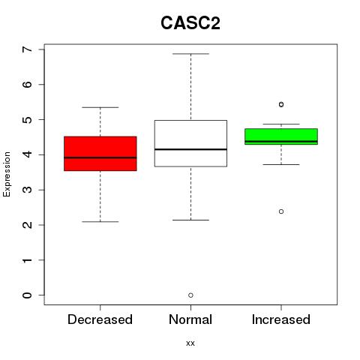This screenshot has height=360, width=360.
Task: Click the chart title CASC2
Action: [x=190, y=23]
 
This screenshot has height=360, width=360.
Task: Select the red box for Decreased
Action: [x=100, y=154]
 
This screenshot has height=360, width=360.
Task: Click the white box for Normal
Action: [x=190, y=143]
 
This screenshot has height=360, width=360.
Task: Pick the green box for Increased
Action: [x=281, y=136]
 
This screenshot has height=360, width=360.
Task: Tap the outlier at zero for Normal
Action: [x=190, y=295]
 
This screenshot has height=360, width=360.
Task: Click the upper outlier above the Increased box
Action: [x=281, y=104]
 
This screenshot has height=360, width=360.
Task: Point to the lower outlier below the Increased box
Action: [x=281, y=211]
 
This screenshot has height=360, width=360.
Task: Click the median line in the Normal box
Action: [x=190, y=149]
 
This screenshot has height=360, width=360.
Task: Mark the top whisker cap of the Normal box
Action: [x=190, y=53]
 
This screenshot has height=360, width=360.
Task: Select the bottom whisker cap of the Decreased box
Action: [x=100, y=221]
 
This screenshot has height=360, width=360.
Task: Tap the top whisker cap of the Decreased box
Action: [x=100, y=107]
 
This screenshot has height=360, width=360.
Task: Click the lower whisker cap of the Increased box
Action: [x=281, y=164]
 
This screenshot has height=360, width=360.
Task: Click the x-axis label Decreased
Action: [x=100, y=319]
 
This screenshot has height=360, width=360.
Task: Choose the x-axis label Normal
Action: [x=190, y=319]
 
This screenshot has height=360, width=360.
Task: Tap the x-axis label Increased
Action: [x=281, y=319]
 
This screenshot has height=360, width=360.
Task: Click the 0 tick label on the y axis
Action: [x=28, y=295]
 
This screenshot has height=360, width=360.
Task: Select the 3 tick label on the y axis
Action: [x=28, y=190]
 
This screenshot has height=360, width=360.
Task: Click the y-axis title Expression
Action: [x=7, y=174]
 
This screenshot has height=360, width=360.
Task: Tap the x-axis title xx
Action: [x=190, y=343]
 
